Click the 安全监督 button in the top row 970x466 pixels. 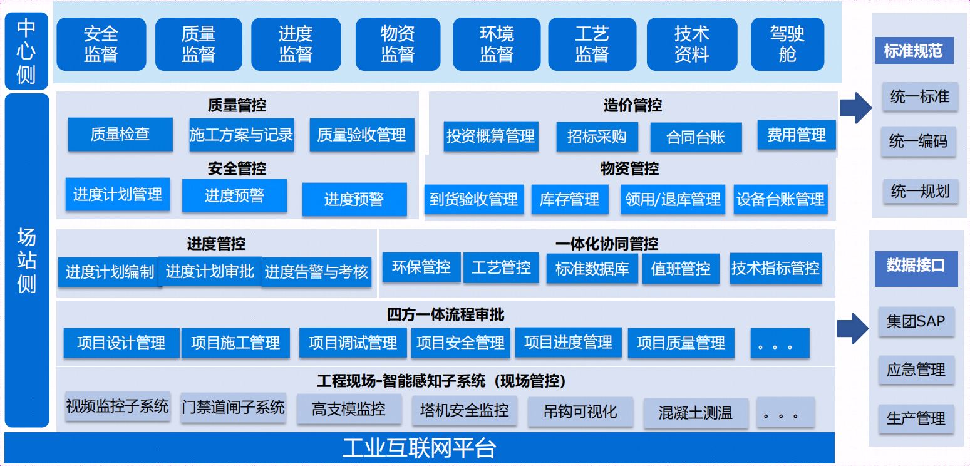pos(101,44)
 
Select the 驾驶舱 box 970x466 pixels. pos(787,44)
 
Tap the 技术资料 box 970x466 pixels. pos(691,44)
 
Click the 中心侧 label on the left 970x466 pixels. pos(26,51)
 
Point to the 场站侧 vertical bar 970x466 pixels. pos(27,261)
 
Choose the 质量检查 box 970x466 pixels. pos(120,134)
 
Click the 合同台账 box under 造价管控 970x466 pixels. pos(696,137)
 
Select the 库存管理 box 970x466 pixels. pos(570,199)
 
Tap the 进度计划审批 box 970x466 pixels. pos(210,272)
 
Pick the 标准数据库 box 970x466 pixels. pos(592,269)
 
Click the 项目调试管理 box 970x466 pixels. pos(353,343)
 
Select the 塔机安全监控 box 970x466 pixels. pos(464,410)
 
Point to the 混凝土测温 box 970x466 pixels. pos(696,413)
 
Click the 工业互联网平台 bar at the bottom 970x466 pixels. pos(419,448)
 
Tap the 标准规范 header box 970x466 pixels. pos(914,51)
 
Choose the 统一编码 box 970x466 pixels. pos(919,141)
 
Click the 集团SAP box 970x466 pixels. pos(916,321)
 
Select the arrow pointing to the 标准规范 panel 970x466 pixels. pos(855,108)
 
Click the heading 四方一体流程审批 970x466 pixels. pos(446,314)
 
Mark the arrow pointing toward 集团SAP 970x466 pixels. pos(853,328)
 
